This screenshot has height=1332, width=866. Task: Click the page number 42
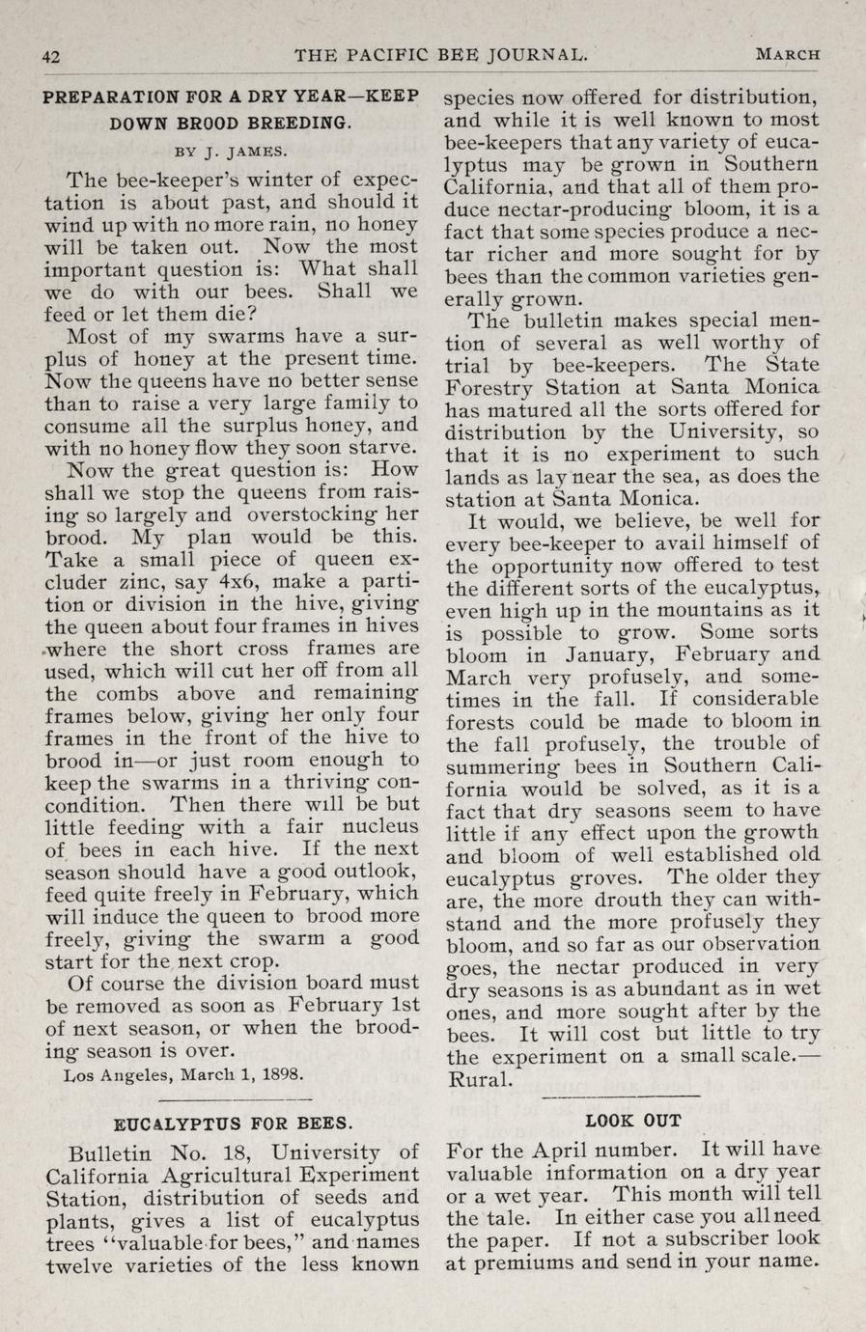click(x=51, y=55)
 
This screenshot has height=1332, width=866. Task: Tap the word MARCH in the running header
click(x=788, y=54)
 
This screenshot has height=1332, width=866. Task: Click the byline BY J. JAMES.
click(x=231, y=151)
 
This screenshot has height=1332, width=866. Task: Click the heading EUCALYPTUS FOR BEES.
click(x=233, y=1124)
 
